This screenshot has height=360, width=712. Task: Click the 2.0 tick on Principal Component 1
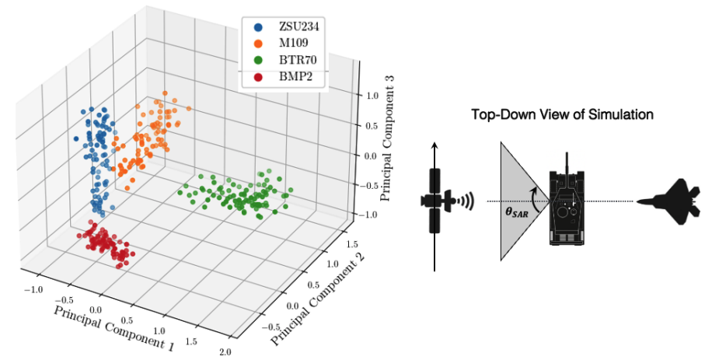225,353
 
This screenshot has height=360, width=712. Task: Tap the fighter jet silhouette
668,201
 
